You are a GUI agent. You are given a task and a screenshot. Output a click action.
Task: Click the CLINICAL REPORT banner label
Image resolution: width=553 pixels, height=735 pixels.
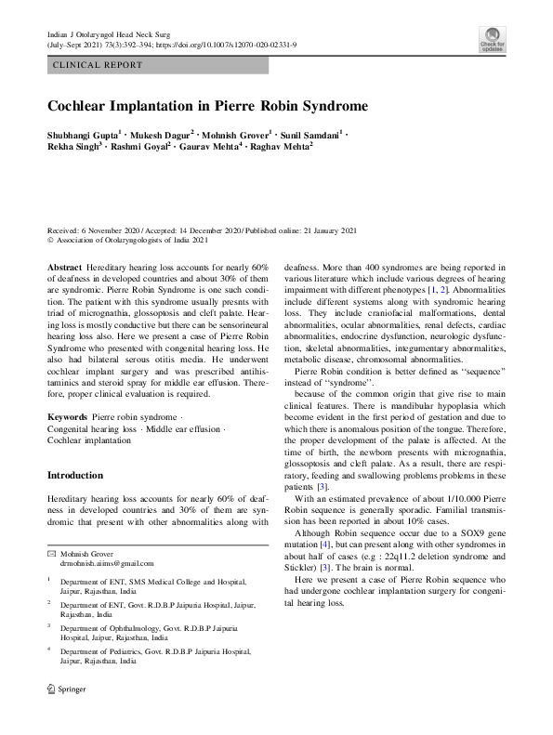99,65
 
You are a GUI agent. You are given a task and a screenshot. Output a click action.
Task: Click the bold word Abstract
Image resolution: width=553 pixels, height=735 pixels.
64,267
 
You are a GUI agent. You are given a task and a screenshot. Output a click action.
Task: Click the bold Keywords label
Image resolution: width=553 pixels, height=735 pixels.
68,418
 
